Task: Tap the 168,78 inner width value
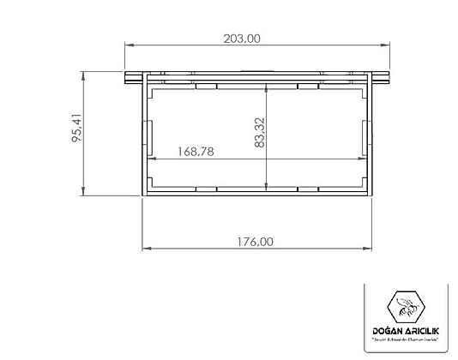196,151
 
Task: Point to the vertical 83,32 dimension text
258,135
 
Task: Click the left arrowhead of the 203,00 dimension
129,46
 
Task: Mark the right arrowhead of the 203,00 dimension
387,46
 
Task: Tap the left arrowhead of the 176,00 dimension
145,249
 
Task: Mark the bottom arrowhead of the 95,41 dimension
84,194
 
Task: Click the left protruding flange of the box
133,80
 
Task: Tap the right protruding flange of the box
382,80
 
